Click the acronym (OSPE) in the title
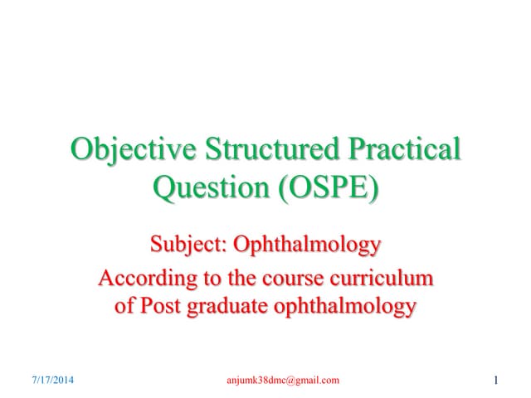click(x=320, y=188)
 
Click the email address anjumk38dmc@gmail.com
click(x=282, y=381)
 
